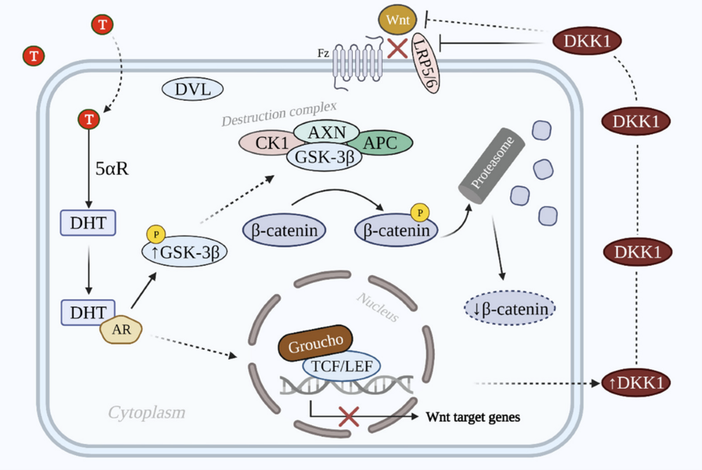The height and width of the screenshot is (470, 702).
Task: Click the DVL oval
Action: (x=192, y=89)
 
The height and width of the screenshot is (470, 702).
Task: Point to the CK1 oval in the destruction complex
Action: (x=267, y=143)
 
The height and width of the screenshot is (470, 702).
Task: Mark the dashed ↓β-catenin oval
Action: (x=510, y=307)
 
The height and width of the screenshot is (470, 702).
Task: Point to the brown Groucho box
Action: (x=314, y=342)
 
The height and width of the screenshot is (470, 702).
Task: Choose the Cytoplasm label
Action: (x=147, y=412)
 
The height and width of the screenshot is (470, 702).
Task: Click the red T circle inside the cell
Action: (x=88, y=120)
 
